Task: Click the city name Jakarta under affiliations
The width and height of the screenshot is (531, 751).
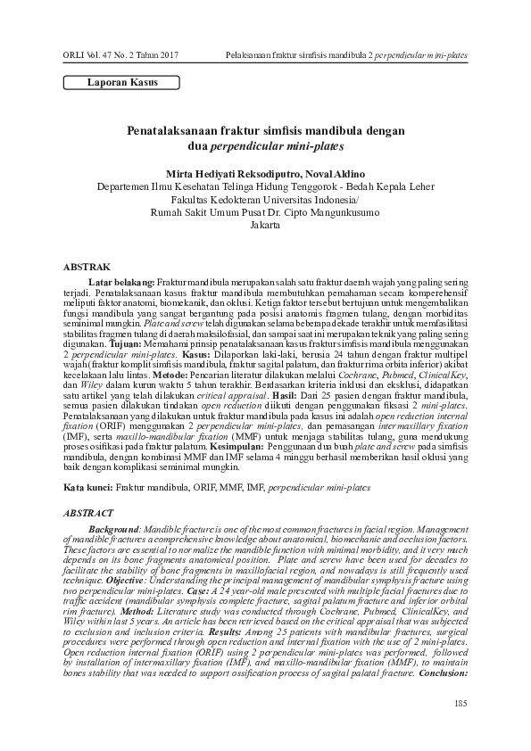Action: point(265,226)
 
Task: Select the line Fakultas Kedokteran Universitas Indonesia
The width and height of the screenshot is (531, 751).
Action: point(265,199)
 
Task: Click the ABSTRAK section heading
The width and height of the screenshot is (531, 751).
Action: point(87,267)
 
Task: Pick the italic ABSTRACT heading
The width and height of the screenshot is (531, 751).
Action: point(88,515)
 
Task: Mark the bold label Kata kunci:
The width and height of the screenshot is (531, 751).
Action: point(87,489)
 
